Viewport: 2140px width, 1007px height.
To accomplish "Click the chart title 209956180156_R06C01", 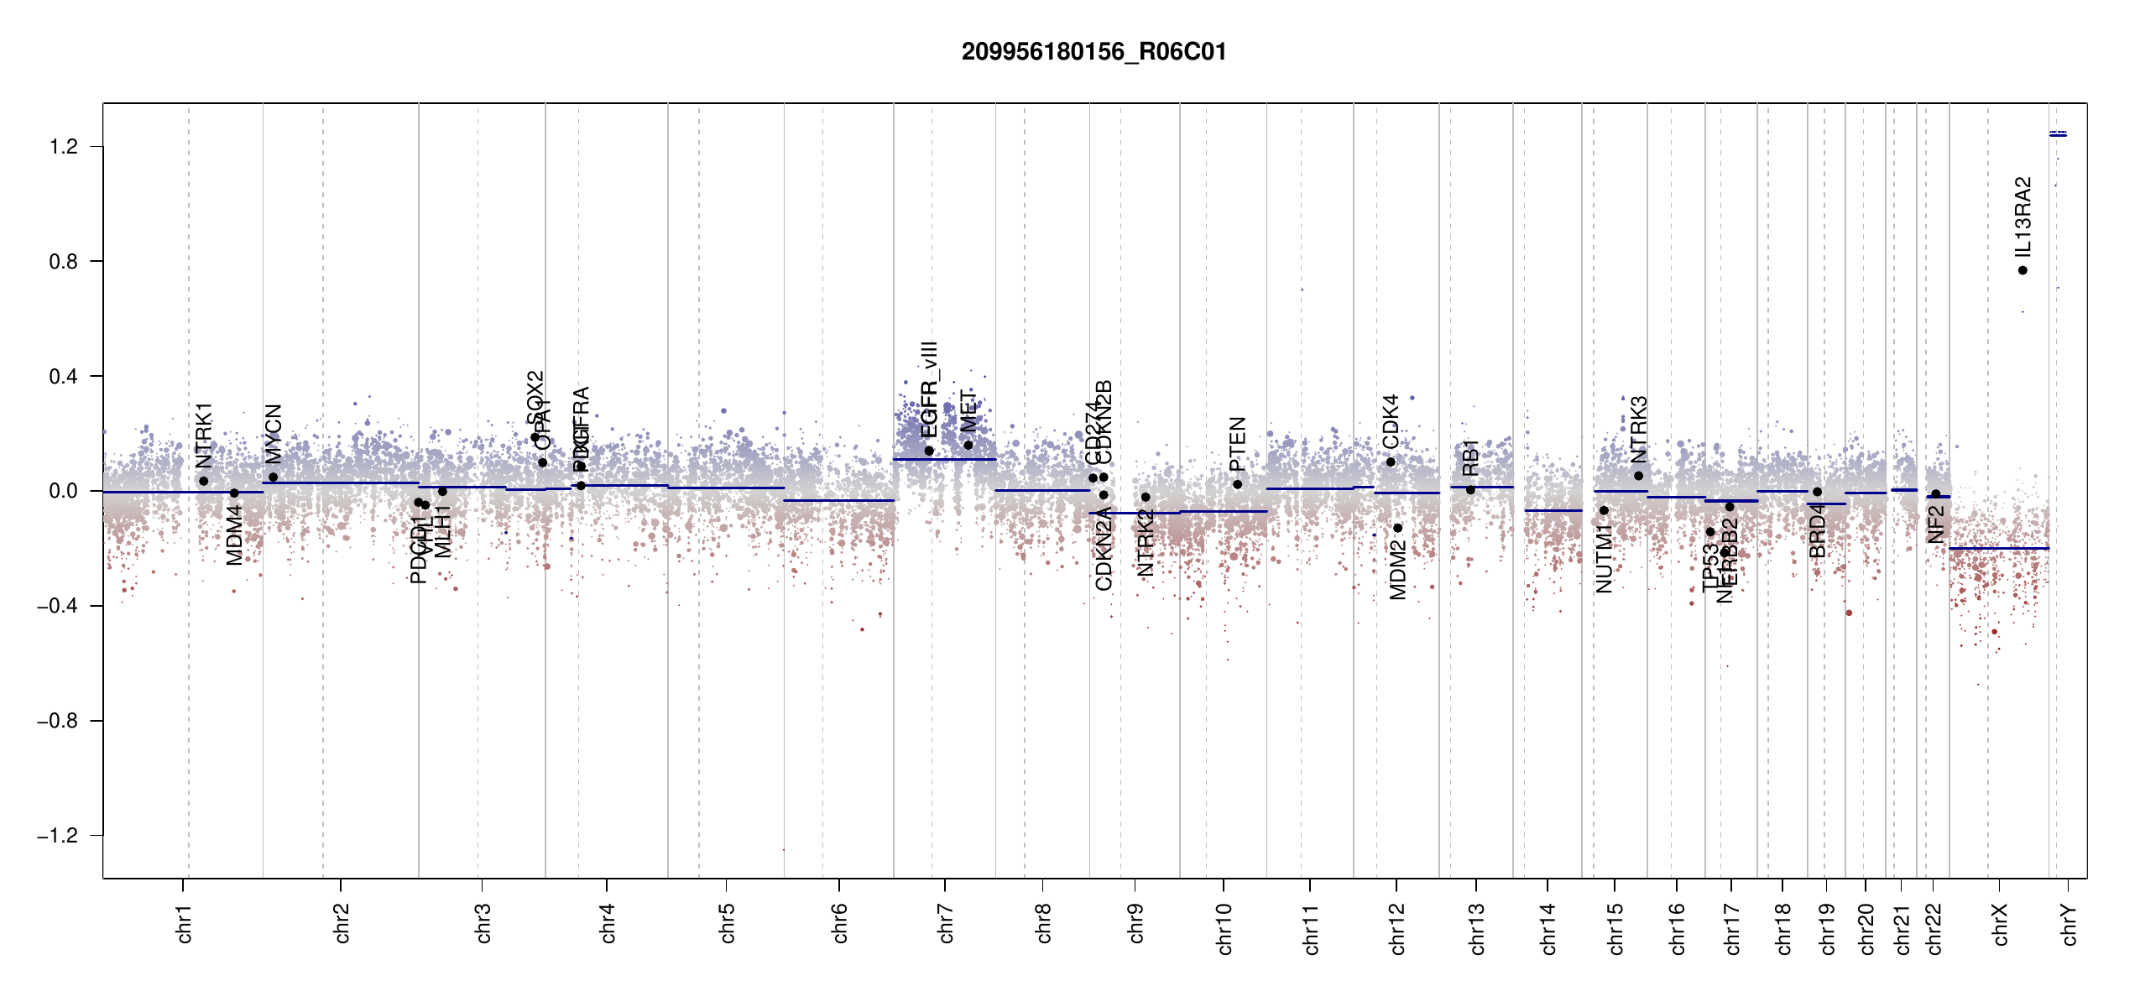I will (x=1093, y=52).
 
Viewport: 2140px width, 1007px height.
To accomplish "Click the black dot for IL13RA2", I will (x=2023, y=270).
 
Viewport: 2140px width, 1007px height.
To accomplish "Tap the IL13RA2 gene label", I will (x=2023, y=217).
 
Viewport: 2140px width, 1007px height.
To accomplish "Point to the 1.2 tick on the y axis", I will (x=63, y=147).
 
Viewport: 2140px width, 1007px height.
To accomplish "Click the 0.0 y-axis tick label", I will (x=63, y=491).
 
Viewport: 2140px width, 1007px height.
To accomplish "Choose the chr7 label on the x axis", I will (x=946, y=923).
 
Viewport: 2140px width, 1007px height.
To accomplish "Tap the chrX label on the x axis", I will (x=2000, y=924).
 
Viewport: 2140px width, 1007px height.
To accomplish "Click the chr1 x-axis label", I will (x=184, y=923).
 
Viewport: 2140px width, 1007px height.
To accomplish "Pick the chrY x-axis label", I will (x=2069, y=924).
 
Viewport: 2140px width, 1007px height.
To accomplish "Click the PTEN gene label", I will (x=1237, y=444).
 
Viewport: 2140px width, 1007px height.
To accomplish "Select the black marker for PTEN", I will (x=1237, y=484).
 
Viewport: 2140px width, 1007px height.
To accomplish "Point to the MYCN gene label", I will (x=273, y=433).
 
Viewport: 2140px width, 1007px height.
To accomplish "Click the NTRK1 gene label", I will (x=204, y=436).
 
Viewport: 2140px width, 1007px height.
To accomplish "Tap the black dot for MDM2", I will (x=1397, y=528).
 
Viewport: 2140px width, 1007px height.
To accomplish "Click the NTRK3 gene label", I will (x=1638, y=430).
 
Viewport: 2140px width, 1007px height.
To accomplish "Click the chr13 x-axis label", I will (x=1476, y=928).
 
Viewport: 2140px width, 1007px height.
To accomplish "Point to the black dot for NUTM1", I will (x=1604, y=510).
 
